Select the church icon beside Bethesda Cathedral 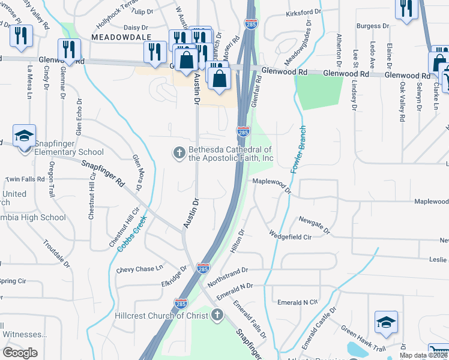coord(178,154)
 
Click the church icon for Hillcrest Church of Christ coord(217,314)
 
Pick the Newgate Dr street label coord(315,225)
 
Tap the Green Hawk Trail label coord(363,340)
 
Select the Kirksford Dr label coord(304,11)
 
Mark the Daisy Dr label coord(135,28)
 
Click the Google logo coord(20,353)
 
